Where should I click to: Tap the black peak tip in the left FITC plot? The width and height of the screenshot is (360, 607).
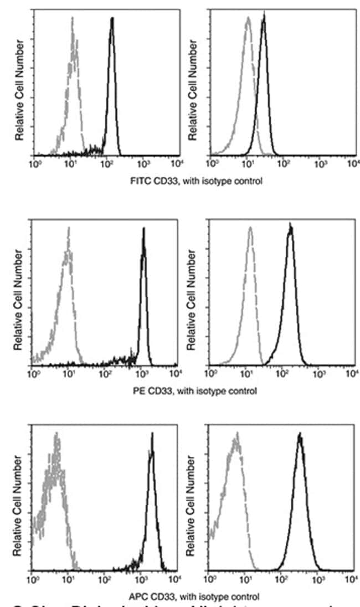112,18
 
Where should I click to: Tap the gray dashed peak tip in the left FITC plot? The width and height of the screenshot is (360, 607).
72,18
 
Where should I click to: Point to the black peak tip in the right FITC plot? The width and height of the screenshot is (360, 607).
264,16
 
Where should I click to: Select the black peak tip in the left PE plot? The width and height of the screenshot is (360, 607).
143,229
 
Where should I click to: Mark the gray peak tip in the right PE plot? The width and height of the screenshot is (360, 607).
251,227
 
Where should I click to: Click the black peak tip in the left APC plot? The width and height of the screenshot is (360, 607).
152,434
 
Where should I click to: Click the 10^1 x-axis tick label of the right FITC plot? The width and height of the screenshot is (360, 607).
247,164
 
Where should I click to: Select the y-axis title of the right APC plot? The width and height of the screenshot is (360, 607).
193,506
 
